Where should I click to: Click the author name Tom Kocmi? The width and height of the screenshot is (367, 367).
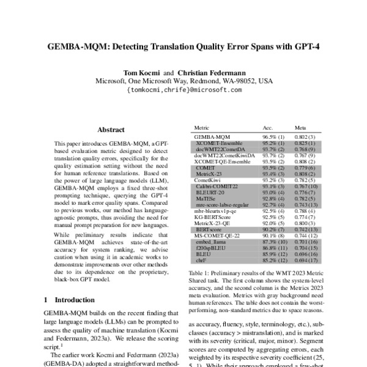(141, 72)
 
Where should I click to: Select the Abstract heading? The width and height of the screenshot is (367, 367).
(111, 130)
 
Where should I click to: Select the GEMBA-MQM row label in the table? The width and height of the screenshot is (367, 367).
(212, 136)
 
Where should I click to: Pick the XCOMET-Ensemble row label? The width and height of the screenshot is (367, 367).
(219, 143)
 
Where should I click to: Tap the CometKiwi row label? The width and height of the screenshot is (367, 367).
(209, 181)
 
